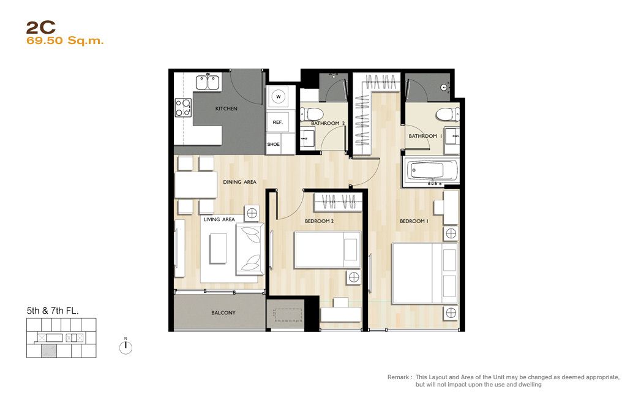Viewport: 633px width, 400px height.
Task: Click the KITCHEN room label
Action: pos(226,108)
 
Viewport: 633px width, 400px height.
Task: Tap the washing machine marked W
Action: pos(278,97)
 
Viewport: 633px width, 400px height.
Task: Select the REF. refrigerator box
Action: pos(278,122)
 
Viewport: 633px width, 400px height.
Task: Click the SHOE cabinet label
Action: pos(273,144)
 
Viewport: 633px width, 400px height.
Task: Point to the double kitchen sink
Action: pos(208,82)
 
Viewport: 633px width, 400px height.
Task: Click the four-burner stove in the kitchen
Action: pos(183,108)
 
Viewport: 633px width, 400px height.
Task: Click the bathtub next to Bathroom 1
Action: pos(430,172)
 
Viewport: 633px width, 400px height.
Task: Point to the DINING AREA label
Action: pos(240,182)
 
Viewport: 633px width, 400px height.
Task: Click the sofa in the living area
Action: pos(250,249)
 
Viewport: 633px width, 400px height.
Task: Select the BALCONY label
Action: pos(223,313)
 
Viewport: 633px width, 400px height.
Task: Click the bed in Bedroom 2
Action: pos(328,250)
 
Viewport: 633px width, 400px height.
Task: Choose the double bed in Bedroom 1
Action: pos(425,273)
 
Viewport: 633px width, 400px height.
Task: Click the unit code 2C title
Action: pos(41,28)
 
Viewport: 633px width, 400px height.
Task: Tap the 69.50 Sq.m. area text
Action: pos(65,41)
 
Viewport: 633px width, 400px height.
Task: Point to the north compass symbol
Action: pos(125,347)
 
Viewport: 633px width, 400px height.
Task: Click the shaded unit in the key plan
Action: pos(49,351)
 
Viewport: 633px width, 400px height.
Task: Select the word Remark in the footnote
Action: pos(398,377)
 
